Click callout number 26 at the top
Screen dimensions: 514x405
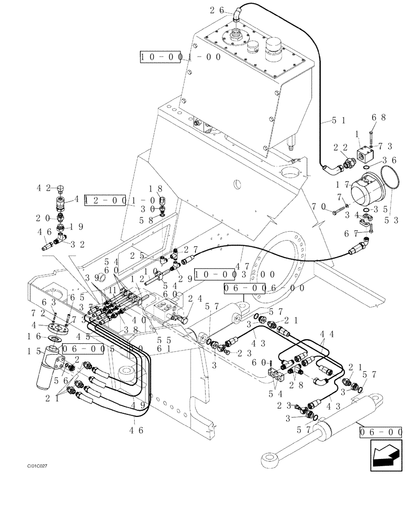[x=217, y=9]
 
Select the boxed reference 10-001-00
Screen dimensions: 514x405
[x=181, y=57]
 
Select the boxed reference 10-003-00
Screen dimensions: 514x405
[x=229, y=274]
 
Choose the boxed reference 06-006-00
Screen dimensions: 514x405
[x=264, y=289]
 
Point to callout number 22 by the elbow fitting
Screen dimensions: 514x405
[x=339, y=148]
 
